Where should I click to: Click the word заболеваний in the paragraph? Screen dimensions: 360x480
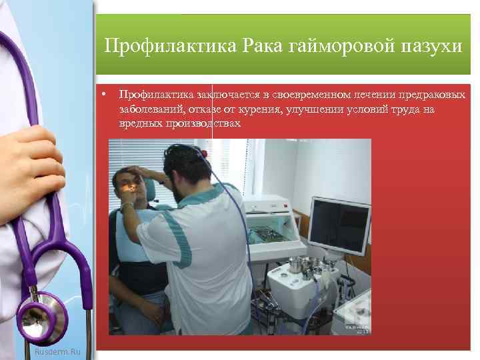[151, 109]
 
